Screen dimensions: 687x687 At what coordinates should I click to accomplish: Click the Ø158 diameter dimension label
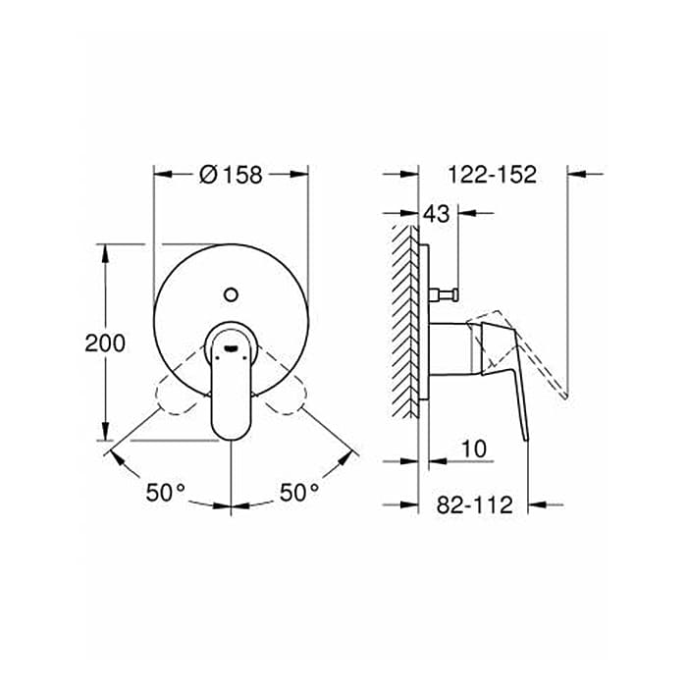[x=231, y=175]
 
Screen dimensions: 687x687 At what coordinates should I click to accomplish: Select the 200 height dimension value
[x=105, y=343]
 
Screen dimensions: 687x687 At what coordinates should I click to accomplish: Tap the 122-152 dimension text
[x=492, y=175]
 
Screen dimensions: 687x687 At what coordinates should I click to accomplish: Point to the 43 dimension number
[x=437, y=213]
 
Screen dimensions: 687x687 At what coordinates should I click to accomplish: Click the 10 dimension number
[x=474, y=449]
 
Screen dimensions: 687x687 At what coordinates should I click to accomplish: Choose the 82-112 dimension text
[x=474, y=504]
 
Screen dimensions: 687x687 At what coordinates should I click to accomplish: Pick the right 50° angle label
[x=299, y=492]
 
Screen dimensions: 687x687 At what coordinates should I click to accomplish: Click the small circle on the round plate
[x=231, y=294]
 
